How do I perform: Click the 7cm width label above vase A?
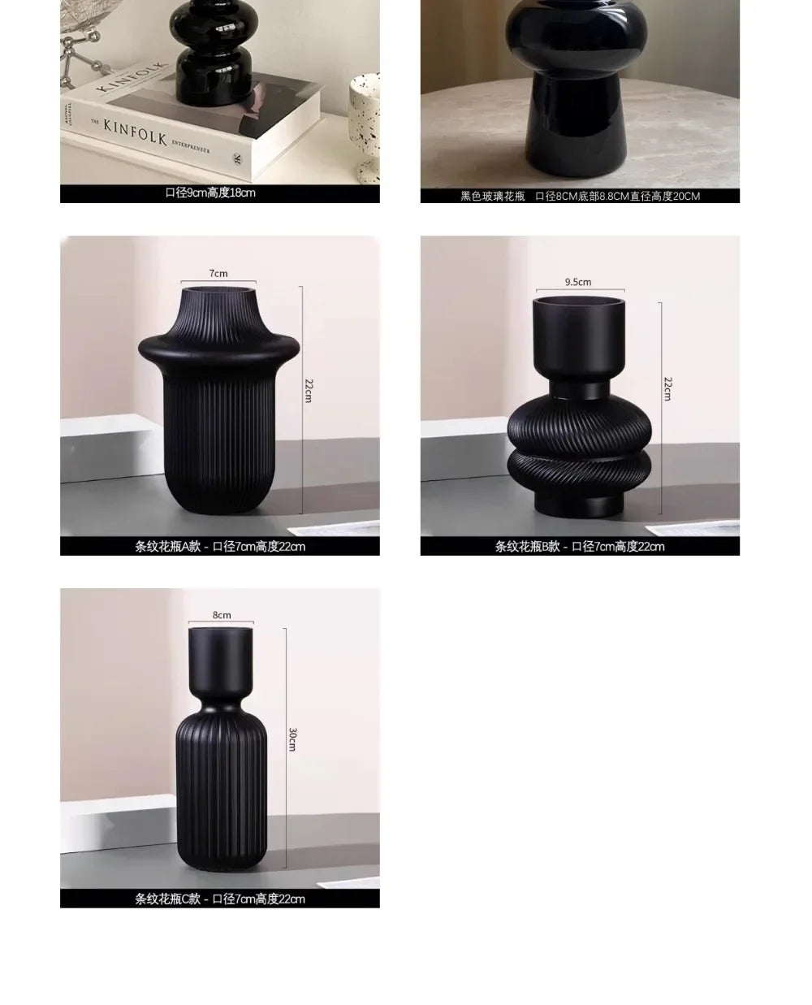(x=218, y=273)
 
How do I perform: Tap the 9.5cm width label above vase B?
(x=578, y=282)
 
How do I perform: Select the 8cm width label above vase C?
(x=222, y=615)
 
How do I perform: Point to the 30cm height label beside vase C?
(x=292, y=739)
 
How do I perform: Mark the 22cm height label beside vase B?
(x=667, y=388)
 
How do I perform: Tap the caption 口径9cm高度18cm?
(x=210, y=193)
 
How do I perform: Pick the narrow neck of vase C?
(x=221, y=687)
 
